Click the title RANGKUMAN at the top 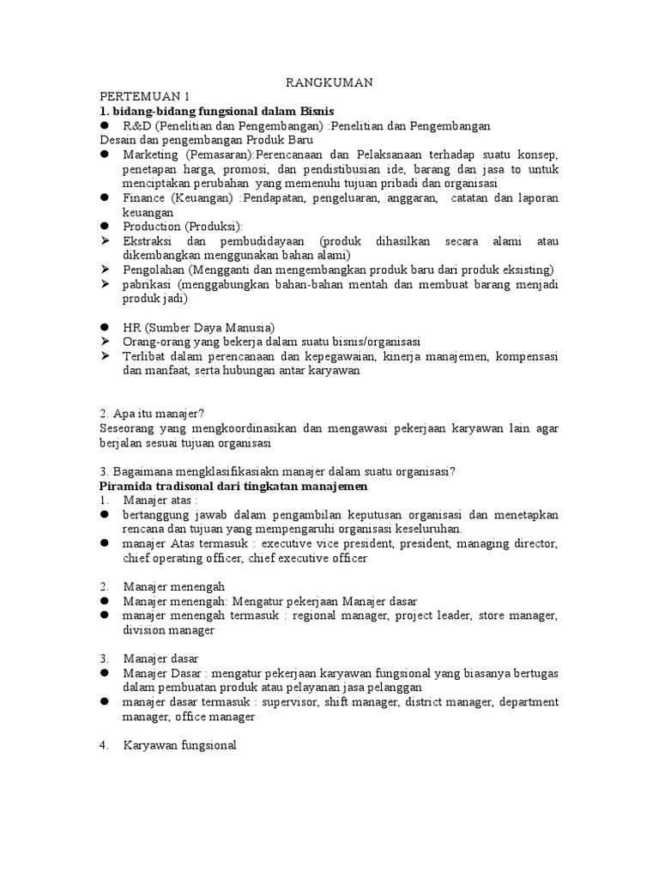tap(329, 82)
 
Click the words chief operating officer tap(184, 559)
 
